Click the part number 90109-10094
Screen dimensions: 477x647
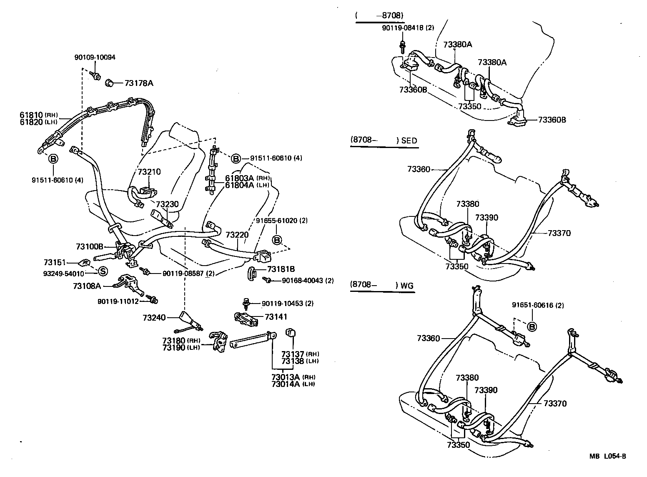pyautogui.click(x=96, y=58)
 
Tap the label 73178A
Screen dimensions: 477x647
pyautogui.click(x=139, y=83)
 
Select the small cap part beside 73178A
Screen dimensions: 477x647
pyautogui.click(x=110, y=83)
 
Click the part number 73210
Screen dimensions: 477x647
pyautogui.click(x=149, y=172)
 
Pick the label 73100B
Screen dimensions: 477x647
pyautogui.click(x=89, y=247)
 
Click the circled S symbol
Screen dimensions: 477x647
pyautogui.click(x=103, y=271)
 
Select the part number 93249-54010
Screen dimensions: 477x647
pyautogui.click(x=63, y=274)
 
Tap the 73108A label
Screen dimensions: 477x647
pyautogui.click(x=87, y=286)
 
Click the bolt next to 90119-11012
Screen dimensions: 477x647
pyautogui.click(x=153, y=300)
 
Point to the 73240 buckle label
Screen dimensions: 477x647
pyautogui.click(x=155, y=318)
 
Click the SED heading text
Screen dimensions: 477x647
pyautogui.click(x=409, y=141)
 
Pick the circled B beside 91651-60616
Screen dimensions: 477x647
pyautogui.click(x=532, y=326)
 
